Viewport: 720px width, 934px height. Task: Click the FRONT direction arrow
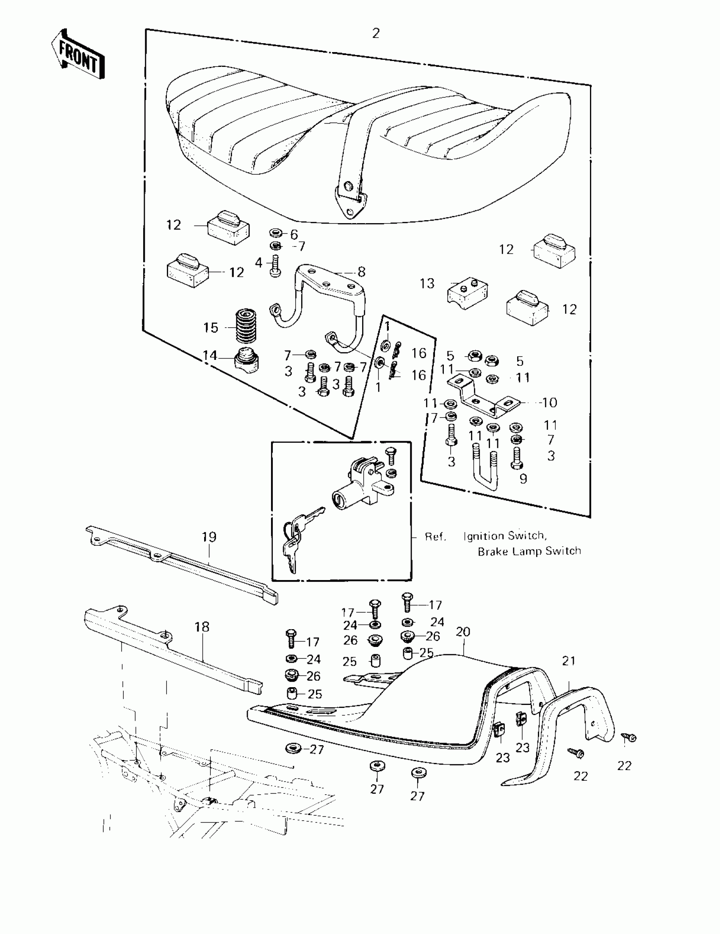(x=78, y=55)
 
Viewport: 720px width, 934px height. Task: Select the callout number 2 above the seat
(x=376, y=33)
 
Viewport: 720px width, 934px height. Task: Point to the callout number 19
(x=209, y=537)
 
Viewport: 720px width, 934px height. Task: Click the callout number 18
(x=202, y=627)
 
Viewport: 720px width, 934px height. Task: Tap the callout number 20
(x=463, y=632)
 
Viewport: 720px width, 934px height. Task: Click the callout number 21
(x=568, y=661)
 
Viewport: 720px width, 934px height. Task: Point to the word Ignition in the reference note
(x=484, y=536)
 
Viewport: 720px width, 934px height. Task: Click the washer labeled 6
(x=276, y=233)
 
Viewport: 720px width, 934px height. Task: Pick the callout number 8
(x=362, y=271)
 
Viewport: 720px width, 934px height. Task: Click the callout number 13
(x=427, y=283)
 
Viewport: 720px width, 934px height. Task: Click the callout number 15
(x=210, y=328)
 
